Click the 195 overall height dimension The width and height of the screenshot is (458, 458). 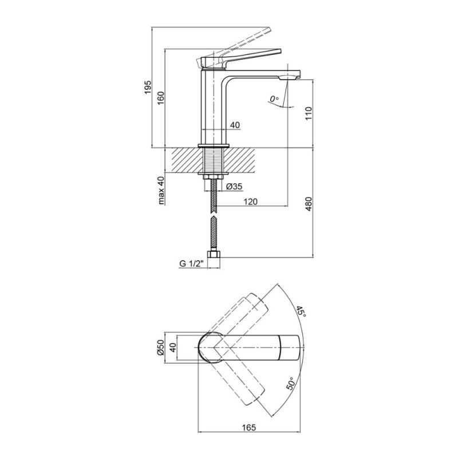(148, 87)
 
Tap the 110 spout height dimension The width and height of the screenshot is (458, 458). (309, 114)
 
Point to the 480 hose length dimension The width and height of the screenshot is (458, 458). (309, 204)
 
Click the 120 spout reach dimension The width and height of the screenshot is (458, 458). (250, 202)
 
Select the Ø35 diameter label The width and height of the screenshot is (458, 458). (235, 186)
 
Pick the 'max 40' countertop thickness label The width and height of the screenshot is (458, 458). (161, 191)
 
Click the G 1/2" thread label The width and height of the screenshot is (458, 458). (191, 264)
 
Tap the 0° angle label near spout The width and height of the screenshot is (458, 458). (274, 99)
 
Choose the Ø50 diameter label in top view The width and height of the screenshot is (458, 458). (160, 348)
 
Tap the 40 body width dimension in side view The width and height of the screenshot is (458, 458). (235, 125)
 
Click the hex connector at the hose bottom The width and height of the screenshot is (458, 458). (214, 254)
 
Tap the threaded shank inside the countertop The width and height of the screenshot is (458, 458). (214, 161)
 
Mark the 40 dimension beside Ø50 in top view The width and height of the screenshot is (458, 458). (173, 348)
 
